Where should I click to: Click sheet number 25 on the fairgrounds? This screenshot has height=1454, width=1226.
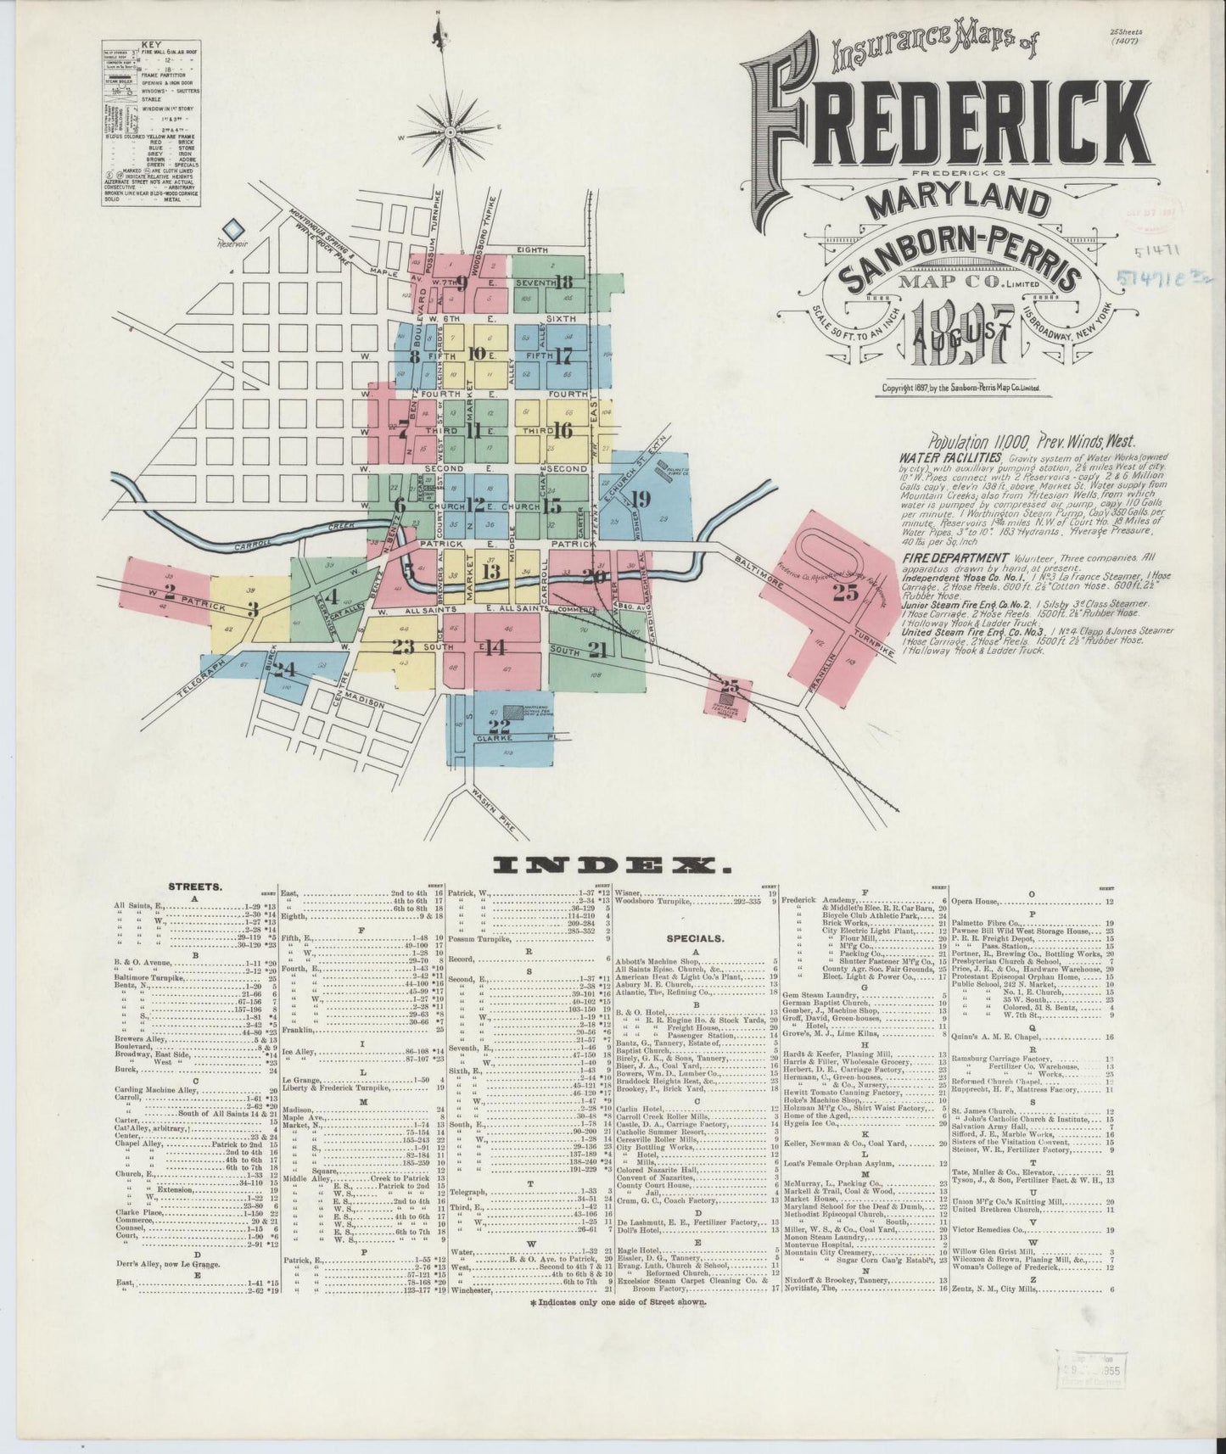[845, 593]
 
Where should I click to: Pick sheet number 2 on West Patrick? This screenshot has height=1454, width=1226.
[169, 590]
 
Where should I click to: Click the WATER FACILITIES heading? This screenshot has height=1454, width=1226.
[939, 456]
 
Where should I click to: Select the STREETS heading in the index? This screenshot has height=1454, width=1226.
[195, 886]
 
